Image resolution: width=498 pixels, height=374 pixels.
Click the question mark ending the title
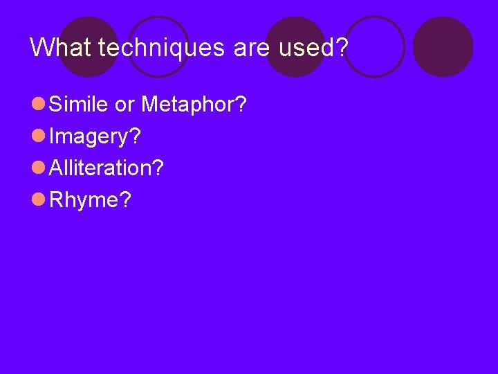click(x=342, y=47)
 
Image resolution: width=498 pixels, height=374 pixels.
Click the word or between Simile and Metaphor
click(x=125, y=105)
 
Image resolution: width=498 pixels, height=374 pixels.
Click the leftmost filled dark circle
click(x=89, y=47)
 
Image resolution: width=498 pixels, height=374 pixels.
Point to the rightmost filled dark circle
click(x=443, y=47)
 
